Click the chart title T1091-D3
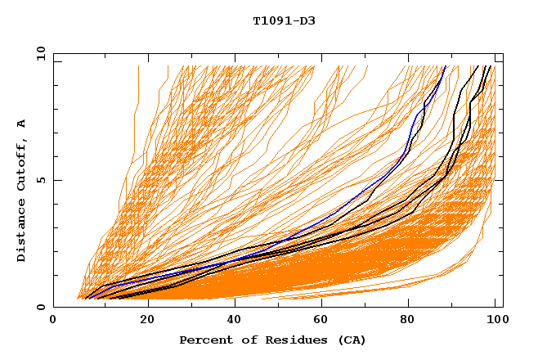tap(284, 21)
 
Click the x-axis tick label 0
tap(53, 320)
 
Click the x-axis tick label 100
tap(494, 320)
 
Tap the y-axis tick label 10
tap(40, 54)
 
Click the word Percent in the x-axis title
tap(202, 340)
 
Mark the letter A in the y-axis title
tap(22, 124)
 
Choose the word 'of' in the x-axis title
tap(244, 340)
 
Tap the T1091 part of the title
tap(274, 21)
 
